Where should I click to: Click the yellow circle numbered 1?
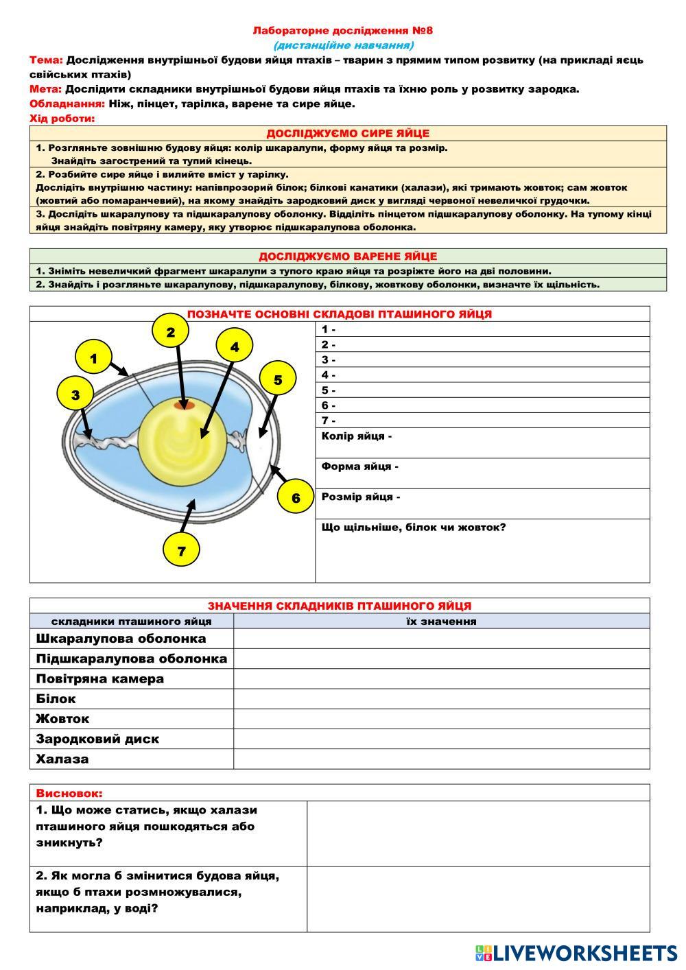tap(93, 358)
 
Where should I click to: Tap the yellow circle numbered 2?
tap(171, 332)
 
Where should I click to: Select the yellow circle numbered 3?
tap(75, 394)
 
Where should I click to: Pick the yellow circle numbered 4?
tap(235, 347)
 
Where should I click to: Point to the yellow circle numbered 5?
tap(278, 379)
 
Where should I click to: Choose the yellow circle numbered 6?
tap(296, 497)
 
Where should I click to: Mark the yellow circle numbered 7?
tap(181, 550)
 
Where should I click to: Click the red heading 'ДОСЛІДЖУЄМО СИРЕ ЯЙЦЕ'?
tap(348, 133)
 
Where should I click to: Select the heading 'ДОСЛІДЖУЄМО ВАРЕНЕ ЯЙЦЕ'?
tap(348, 256)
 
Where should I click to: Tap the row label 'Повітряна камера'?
tap(100, 678)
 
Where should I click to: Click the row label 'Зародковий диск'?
tap(97, 739)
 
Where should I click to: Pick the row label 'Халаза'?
tap(62, 759)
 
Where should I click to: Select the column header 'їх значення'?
tap(441, 621)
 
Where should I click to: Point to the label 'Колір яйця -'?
tap(357, 436)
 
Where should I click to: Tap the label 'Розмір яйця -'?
tap(361, 497)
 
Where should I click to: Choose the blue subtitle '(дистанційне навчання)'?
tap(344, 45)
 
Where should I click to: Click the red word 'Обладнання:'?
tap(67, 104)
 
